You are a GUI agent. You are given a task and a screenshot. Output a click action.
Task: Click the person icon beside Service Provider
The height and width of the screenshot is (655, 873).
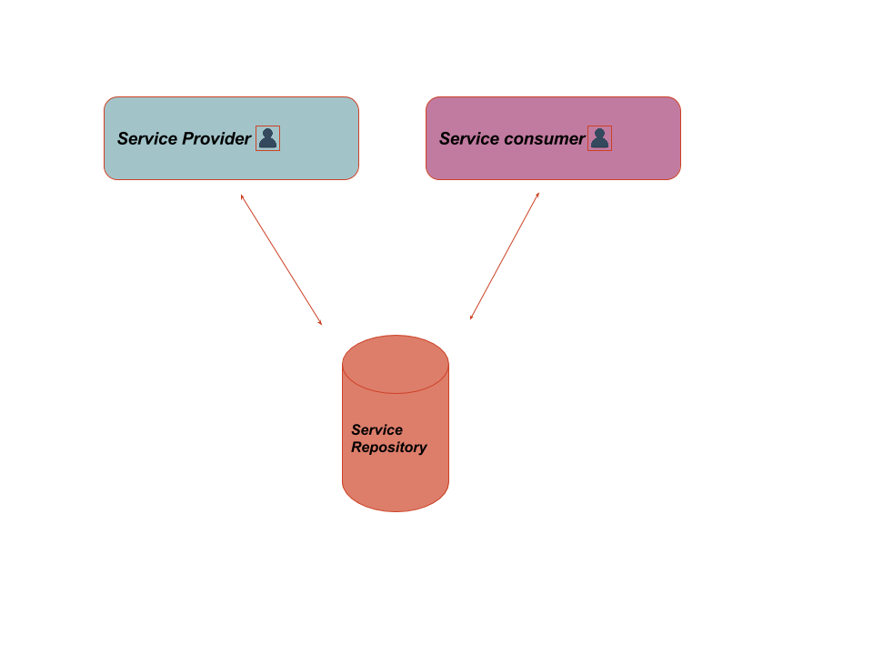(x=267, y=138)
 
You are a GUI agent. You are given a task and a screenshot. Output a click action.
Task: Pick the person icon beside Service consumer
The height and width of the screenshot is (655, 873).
(x=599, y=138)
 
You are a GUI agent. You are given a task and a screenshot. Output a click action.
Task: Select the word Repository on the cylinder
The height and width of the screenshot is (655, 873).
(x=388, y=448)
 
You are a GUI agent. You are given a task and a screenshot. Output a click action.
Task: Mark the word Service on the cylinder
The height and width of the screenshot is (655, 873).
(x=376, y=429)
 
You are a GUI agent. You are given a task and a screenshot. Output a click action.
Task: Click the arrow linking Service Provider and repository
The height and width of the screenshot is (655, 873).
(x=282, y=259)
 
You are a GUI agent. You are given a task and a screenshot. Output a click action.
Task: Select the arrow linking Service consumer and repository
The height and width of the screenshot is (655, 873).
(x=505, y=256)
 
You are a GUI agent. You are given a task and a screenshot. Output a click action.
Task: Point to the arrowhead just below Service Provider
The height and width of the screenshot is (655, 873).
(x=243, y=196)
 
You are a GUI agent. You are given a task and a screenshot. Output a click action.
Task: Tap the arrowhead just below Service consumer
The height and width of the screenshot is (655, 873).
(x=537, y=195)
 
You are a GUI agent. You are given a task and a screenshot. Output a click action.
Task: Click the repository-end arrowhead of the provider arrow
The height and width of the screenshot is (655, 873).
(x=320, y=322)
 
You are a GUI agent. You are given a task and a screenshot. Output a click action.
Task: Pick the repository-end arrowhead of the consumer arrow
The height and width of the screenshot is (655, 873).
(x=472, y=317)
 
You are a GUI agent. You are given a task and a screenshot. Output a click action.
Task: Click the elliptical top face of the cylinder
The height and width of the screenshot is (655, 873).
(x=396, y=364)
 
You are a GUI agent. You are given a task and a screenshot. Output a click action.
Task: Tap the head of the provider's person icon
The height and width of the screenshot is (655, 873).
(x=267, y=133)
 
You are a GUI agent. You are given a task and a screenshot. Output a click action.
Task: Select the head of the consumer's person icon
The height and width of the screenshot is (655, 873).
(x=599, y=133)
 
